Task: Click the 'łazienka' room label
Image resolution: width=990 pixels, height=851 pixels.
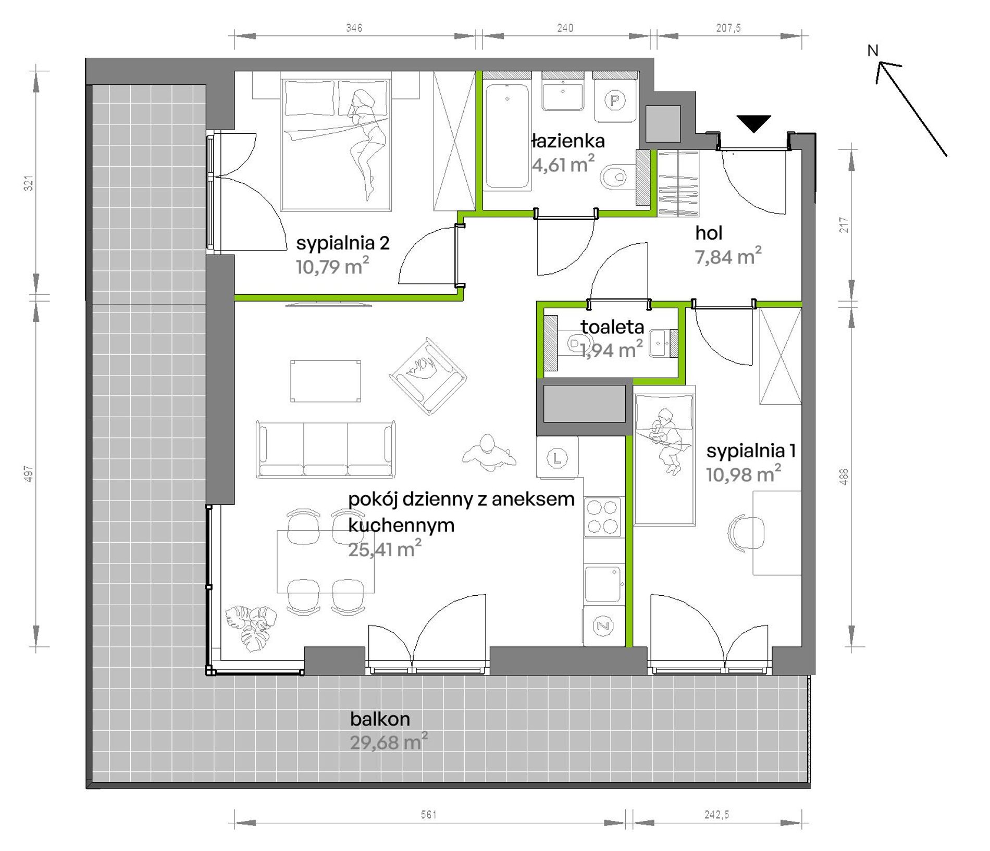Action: (x=568, y=141)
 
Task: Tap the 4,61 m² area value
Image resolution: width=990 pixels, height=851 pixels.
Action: (x=563, y=165)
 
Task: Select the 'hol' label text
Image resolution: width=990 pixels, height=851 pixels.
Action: (x=709, y=233)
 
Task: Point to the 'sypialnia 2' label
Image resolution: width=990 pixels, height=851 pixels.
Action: (x=343, y=243)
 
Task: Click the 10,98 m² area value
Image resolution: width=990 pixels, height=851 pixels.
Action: (x=744, y=474)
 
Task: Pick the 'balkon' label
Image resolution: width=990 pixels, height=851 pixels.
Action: (x=380, y=719)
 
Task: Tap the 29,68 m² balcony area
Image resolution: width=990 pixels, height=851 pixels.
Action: (x=389, y=742)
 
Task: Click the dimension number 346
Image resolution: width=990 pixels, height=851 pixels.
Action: (x=354, y=28)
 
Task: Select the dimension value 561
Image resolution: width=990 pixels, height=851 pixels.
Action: (x=429, y=815)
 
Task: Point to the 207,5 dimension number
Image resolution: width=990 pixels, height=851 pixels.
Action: (x=728, y=28)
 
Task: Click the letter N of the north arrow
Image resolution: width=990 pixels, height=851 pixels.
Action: (x=873, y=51)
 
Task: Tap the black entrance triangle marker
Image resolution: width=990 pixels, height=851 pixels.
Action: (x=754, y=123)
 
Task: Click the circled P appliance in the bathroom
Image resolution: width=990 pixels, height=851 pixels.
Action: (x=615, y=100)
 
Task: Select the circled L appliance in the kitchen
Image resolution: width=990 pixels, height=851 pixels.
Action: (x=557, y=458)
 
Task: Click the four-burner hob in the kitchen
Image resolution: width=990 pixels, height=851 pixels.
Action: (x=603, y=517)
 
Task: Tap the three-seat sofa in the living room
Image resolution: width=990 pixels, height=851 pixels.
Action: (x=326, y=449)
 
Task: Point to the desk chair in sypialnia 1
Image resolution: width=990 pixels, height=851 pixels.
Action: (x=746, y=532)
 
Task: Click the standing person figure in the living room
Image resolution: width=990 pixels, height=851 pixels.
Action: (x=488, y=453)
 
